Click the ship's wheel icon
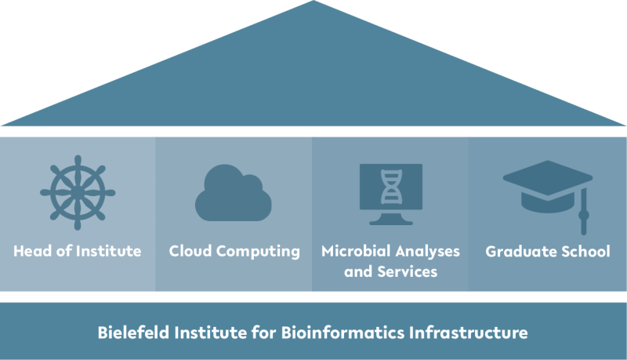(x=78, y=193)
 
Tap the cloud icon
(x=234, y=193)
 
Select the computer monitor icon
(x=391, y=195)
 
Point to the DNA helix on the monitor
(x=391, y=187)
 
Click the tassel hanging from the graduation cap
(x=584, y=211)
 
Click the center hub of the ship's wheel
(x=78, y=193)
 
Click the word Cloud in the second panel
(x=190, y=251)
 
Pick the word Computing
(x=258, y=252)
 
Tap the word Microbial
(x=356, y=251)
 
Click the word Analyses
(x=427, y=252)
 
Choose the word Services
(x=408, y=272)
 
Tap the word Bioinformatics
(x=342, y=333)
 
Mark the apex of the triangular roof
(x=313, y=1)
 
